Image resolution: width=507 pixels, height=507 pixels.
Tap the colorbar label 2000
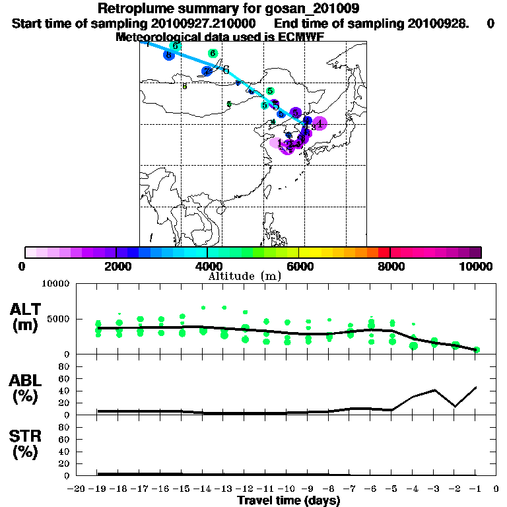click(x=116, y=266)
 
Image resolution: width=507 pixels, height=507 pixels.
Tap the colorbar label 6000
click(x=298, y=266)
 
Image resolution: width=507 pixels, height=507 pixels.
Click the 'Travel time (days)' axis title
click(x=288, y=501)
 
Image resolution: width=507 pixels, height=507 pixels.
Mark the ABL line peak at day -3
click(x=434, y=389)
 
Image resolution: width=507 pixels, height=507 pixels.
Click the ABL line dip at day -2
click(x=455, y=407)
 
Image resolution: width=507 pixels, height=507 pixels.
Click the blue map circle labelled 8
click(x=170, y=55)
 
